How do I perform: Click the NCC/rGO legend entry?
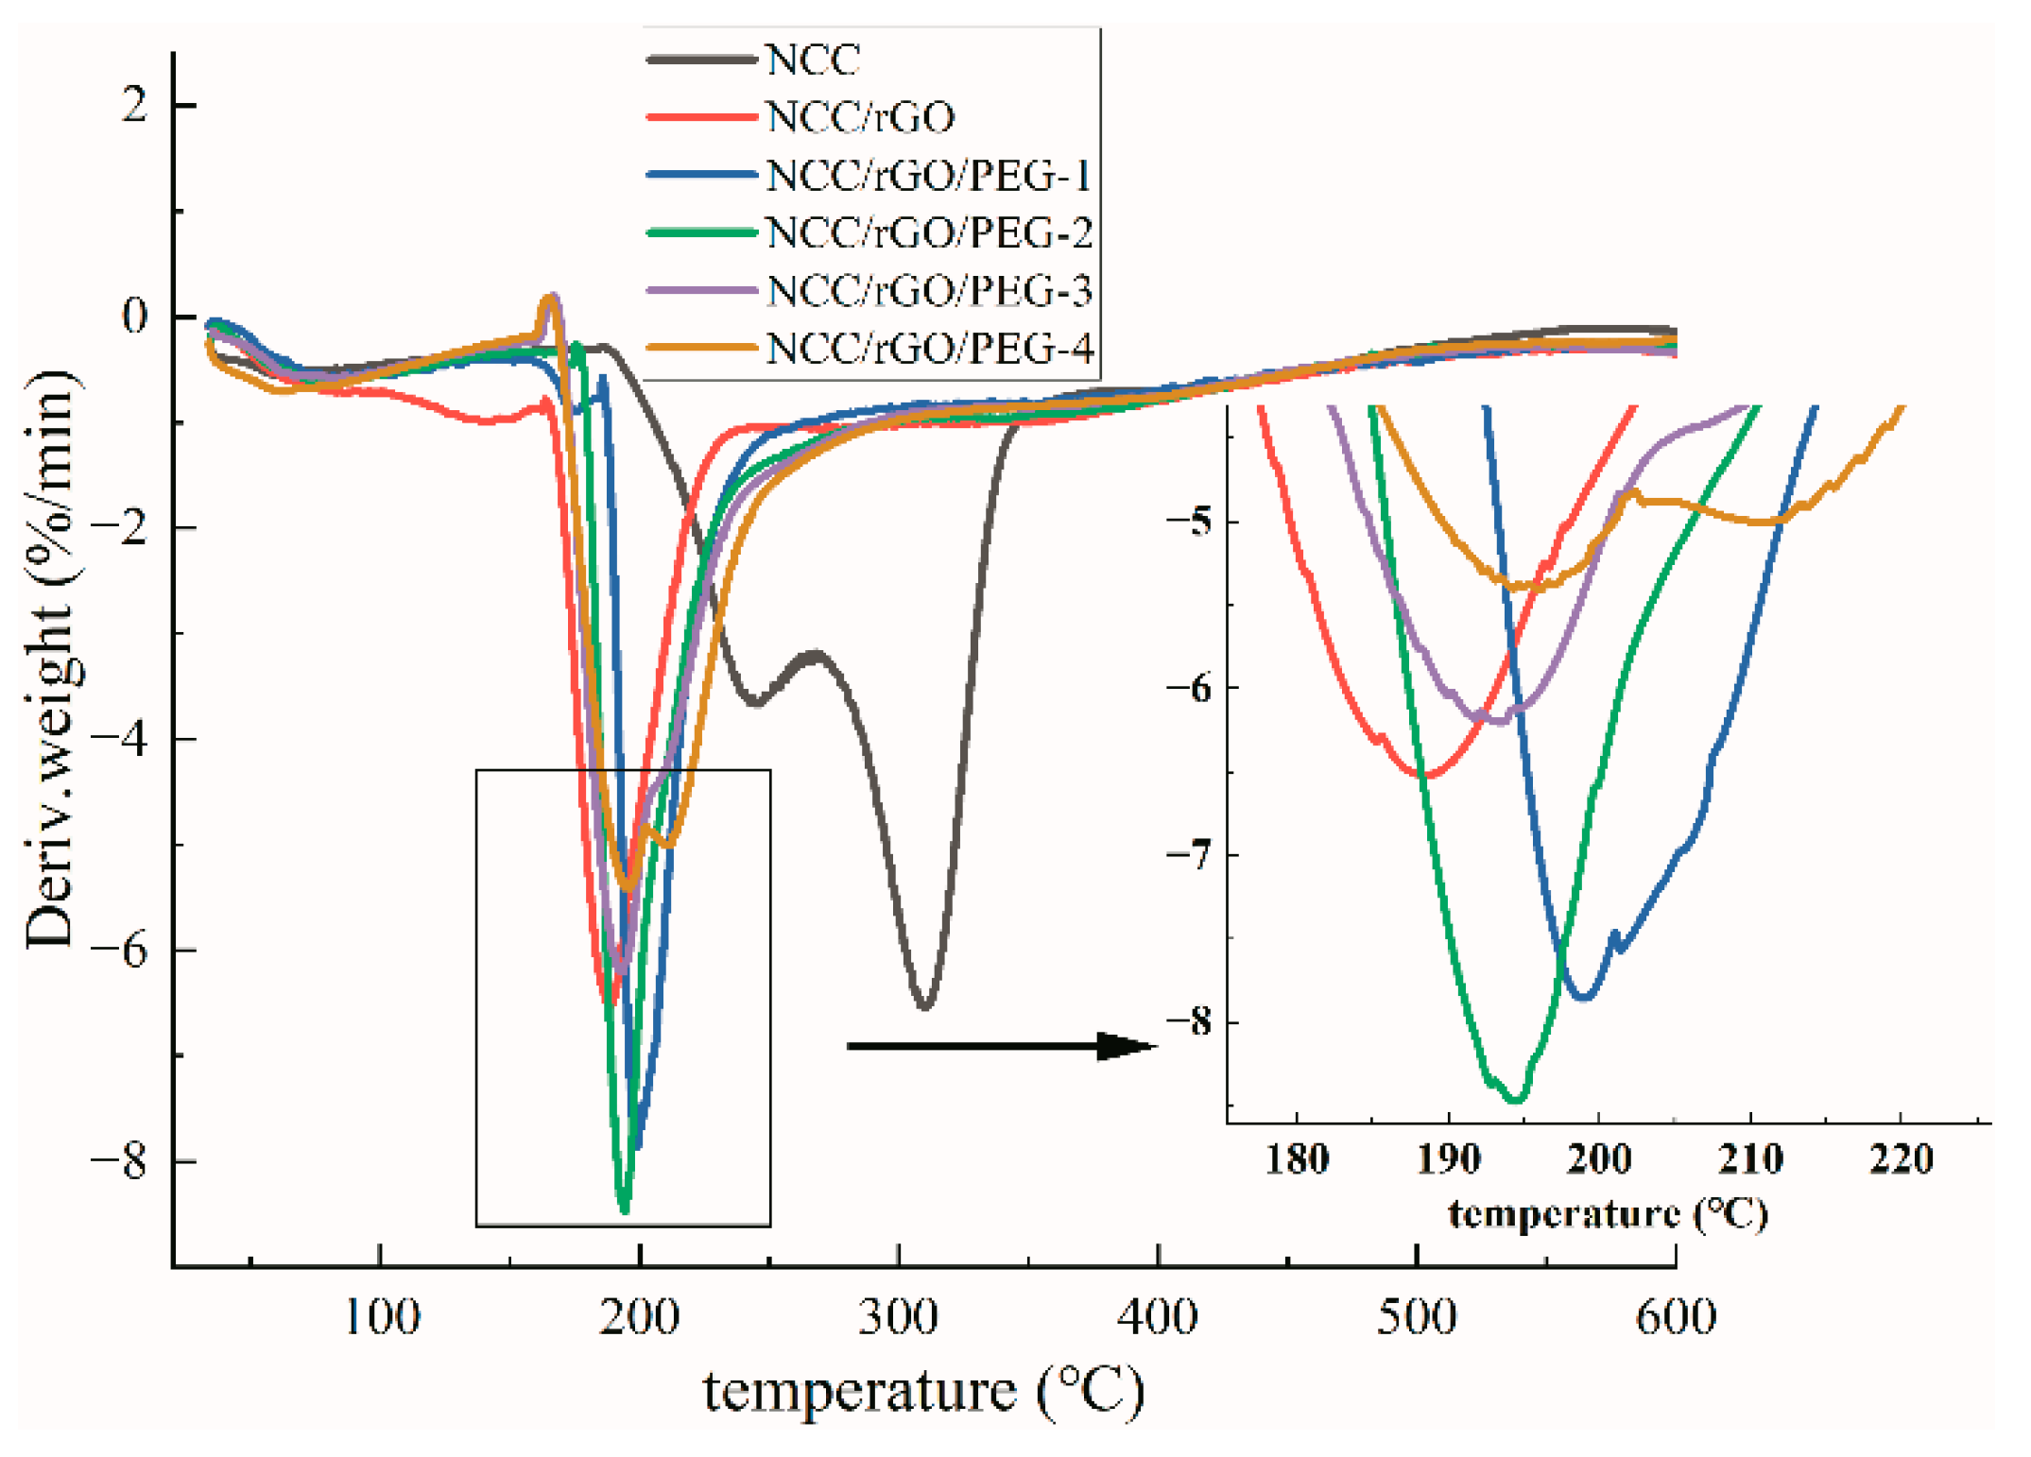860,118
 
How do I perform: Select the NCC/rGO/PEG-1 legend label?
929,176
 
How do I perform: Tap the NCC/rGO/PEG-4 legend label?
929,349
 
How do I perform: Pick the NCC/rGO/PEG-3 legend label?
929,291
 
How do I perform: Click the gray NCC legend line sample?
701,60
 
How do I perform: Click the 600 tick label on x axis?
1676,1316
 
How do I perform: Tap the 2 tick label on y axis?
135,104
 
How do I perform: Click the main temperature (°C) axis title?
923,1392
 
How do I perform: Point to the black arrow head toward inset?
1129,1046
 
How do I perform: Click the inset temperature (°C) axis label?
1608,1214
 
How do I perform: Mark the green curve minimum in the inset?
1515,1100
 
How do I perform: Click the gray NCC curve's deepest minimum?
925,1007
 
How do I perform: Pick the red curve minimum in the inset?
1427,775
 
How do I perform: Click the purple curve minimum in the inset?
1498,721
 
